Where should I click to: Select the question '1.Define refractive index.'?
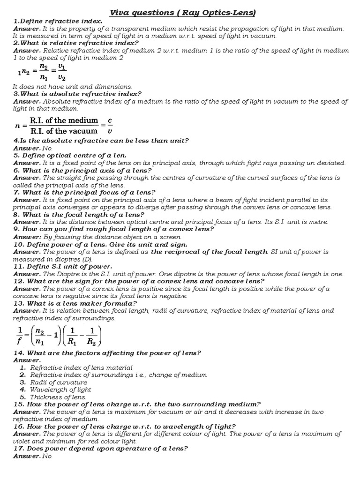point(58,22)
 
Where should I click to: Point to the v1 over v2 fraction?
point(61,72)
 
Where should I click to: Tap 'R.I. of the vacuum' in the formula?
point(64,131)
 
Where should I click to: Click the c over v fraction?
point(110,126)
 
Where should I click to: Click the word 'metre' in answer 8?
point(318,222)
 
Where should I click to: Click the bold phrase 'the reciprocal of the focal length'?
point(209,252)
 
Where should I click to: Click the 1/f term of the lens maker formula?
point(20,336)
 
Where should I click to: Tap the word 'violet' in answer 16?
point(22,441)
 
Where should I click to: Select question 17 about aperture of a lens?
point(100,449)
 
